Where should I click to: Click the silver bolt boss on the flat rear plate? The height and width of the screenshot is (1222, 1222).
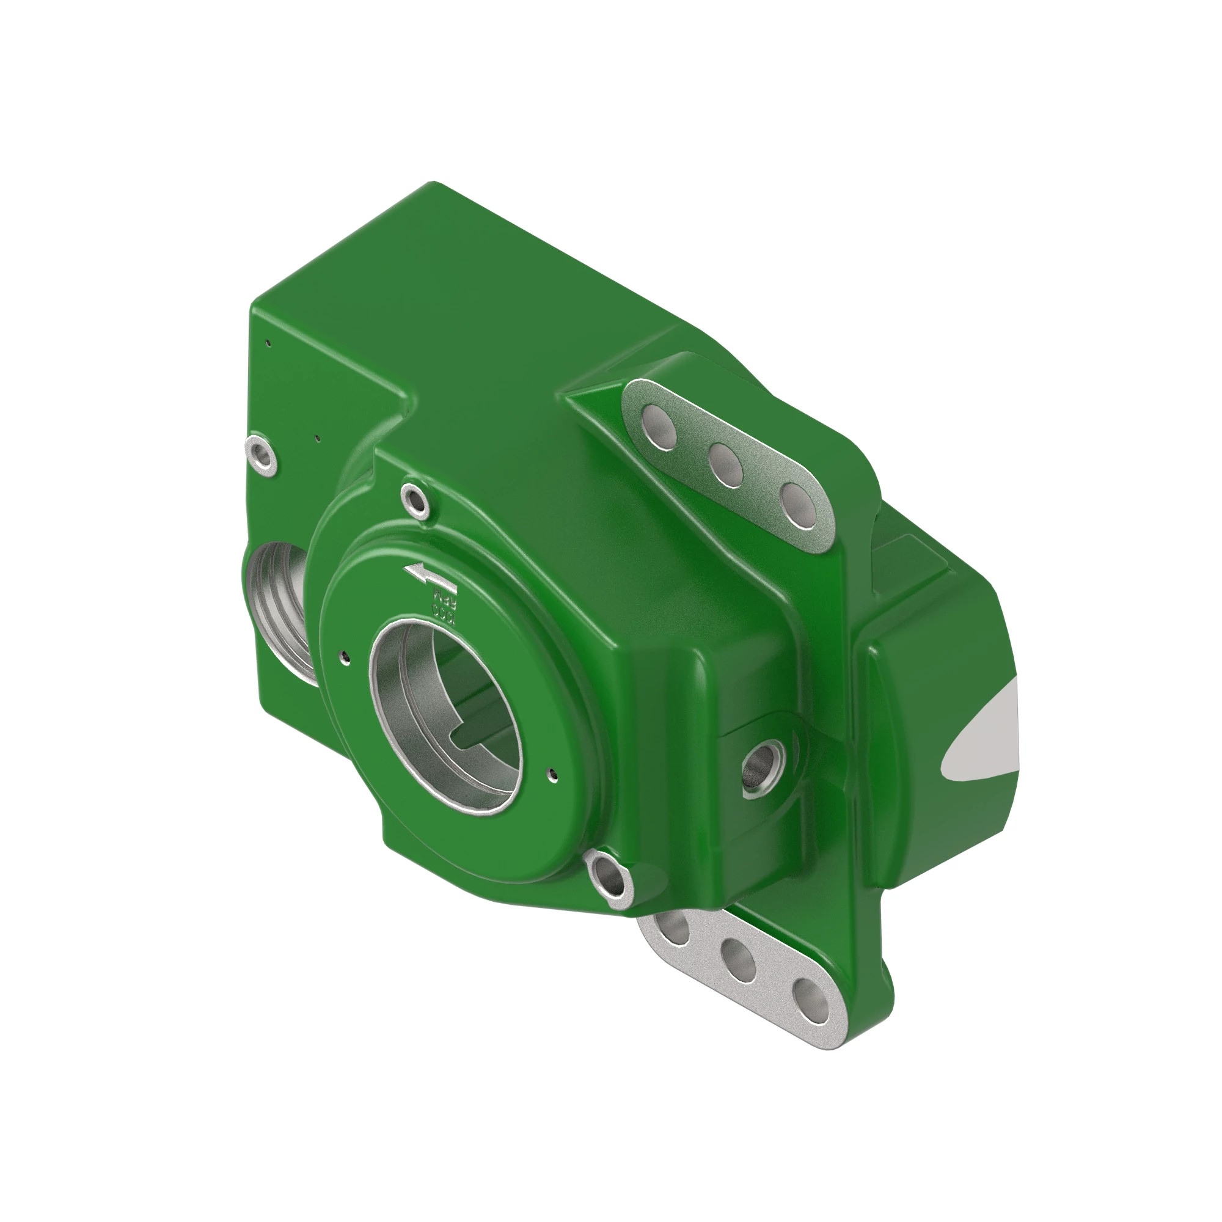(x=262, y=455)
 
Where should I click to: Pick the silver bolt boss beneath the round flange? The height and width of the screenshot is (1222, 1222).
(x=609, y=879)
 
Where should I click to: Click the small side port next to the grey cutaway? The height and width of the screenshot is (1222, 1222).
(x=761, y=769)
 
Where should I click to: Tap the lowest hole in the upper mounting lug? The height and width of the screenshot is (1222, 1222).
(x=798, y=504)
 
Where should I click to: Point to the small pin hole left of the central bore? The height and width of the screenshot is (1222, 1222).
(x=344, y=657)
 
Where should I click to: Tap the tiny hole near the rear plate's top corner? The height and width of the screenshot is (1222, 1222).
(x=269, y=343)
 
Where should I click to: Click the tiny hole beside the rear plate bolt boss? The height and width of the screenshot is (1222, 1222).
(x=318, y=437)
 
